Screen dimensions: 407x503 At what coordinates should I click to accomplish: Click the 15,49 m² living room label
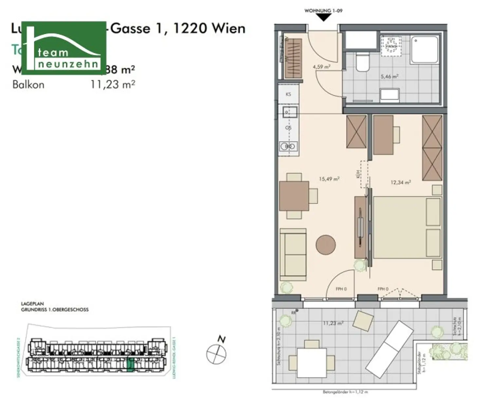point(329,179)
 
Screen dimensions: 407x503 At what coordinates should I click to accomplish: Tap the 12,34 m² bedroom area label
point(400,182)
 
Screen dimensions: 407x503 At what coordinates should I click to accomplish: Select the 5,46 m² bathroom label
point(389,77)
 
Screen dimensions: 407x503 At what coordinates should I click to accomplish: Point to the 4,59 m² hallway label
point(321,67)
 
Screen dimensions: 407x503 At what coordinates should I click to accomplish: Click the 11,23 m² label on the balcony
point(333,323)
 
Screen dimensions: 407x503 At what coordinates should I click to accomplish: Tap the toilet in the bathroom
point(362,63)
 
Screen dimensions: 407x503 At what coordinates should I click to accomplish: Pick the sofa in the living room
point(293,255)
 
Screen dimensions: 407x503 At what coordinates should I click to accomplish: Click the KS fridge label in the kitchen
point(288,94)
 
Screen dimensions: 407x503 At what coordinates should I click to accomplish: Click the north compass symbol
point(216,354)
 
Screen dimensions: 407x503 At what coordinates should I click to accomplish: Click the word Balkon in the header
point(28,85)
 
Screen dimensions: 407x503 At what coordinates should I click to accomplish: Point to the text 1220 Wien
point(209,28)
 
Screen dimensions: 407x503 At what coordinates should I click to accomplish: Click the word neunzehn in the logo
point(68,64)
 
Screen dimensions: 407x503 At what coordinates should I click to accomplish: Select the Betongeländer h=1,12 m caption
point(345,392)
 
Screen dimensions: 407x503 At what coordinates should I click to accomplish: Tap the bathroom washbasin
point(389,95)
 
